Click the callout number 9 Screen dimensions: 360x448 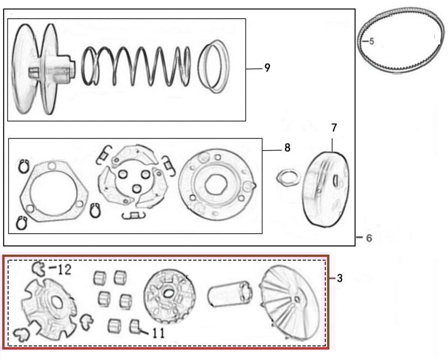point(267,68)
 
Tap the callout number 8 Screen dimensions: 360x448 point(287,148)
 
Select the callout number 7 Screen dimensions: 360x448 point(334,128)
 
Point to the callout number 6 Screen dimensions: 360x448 point(369,238)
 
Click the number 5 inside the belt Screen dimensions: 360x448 point(371,42)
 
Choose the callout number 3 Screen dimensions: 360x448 point(339,278)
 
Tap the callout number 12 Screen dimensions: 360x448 point(63,270)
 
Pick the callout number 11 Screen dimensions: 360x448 point(158,334)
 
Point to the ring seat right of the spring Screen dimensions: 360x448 point(214,66)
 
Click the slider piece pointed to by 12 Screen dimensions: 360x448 point(41,269)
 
